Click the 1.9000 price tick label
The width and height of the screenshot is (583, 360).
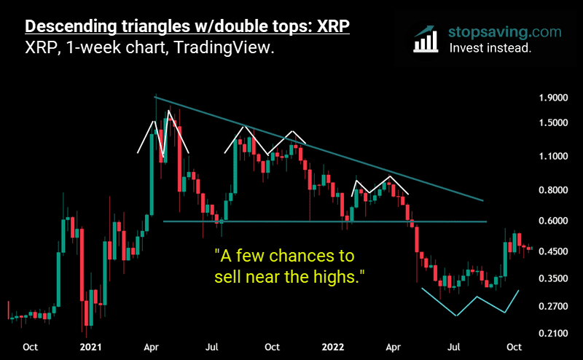[552, 98]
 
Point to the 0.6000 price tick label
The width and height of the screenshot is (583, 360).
[552, 221]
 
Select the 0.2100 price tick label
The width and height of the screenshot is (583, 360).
[552, 333]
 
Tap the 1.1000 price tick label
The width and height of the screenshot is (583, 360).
[552, 156]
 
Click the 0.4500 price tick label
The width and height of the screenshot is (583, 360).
[552, 251]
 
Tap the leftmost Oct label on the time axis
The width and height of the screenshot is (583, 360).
[30, 347]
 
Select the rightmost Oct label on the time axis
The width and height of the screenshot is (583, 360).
[514, 347]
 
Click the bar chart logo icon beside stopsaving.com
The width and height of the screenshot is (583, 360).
[426, 39]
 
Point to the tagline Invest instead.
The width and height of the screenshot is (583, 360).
[490, 49]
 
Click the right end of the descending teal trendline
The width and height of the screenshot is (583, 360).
[482, 200]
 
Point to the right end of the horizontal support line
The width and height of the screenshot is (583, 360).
[485, 222]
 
